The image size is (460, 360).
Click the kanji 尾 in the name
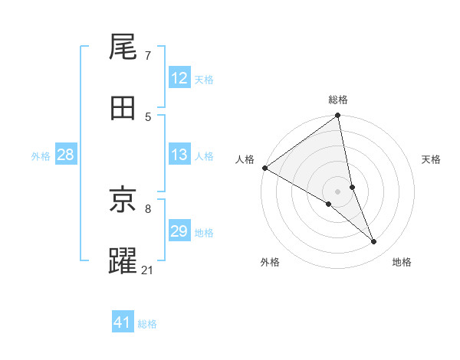tap(123, 48)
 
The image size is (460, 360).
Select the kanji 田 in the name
tap(123, 108)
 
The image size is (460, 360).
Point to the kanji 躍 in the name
tap(123, 260)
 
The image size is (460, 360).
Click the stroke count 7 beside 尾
tap(148, 56)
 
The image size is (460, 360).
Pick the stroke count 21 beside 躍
tap(148, 269)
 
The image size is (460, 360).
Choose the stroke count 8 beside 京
tap(148, 208)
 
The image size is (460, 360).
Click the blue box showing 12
tap(179, 78)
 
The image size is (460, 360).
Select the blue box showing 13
tap(179, 155)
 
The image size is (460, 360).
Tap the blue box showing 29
tap(179, 231)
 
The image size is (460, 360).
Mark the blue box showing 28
tap(66, 155)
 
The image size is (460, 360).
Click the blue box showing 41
tap(123, 323)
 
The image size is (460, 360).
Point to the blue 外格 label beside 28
tap(41, 156)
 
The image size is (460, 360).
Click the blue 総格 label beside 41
tap(147, 324)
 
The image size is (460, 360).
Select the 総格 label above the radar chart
tap(338, 100)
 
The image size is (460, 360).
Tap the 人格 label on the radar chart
tap(245, 159)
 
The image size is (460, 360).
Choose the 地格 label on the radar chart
tap(402, 262)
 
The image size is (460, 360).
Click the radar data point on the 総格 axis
tap(338, 116)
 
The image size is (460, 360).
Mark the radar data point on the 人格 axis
tap(264, 168)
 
